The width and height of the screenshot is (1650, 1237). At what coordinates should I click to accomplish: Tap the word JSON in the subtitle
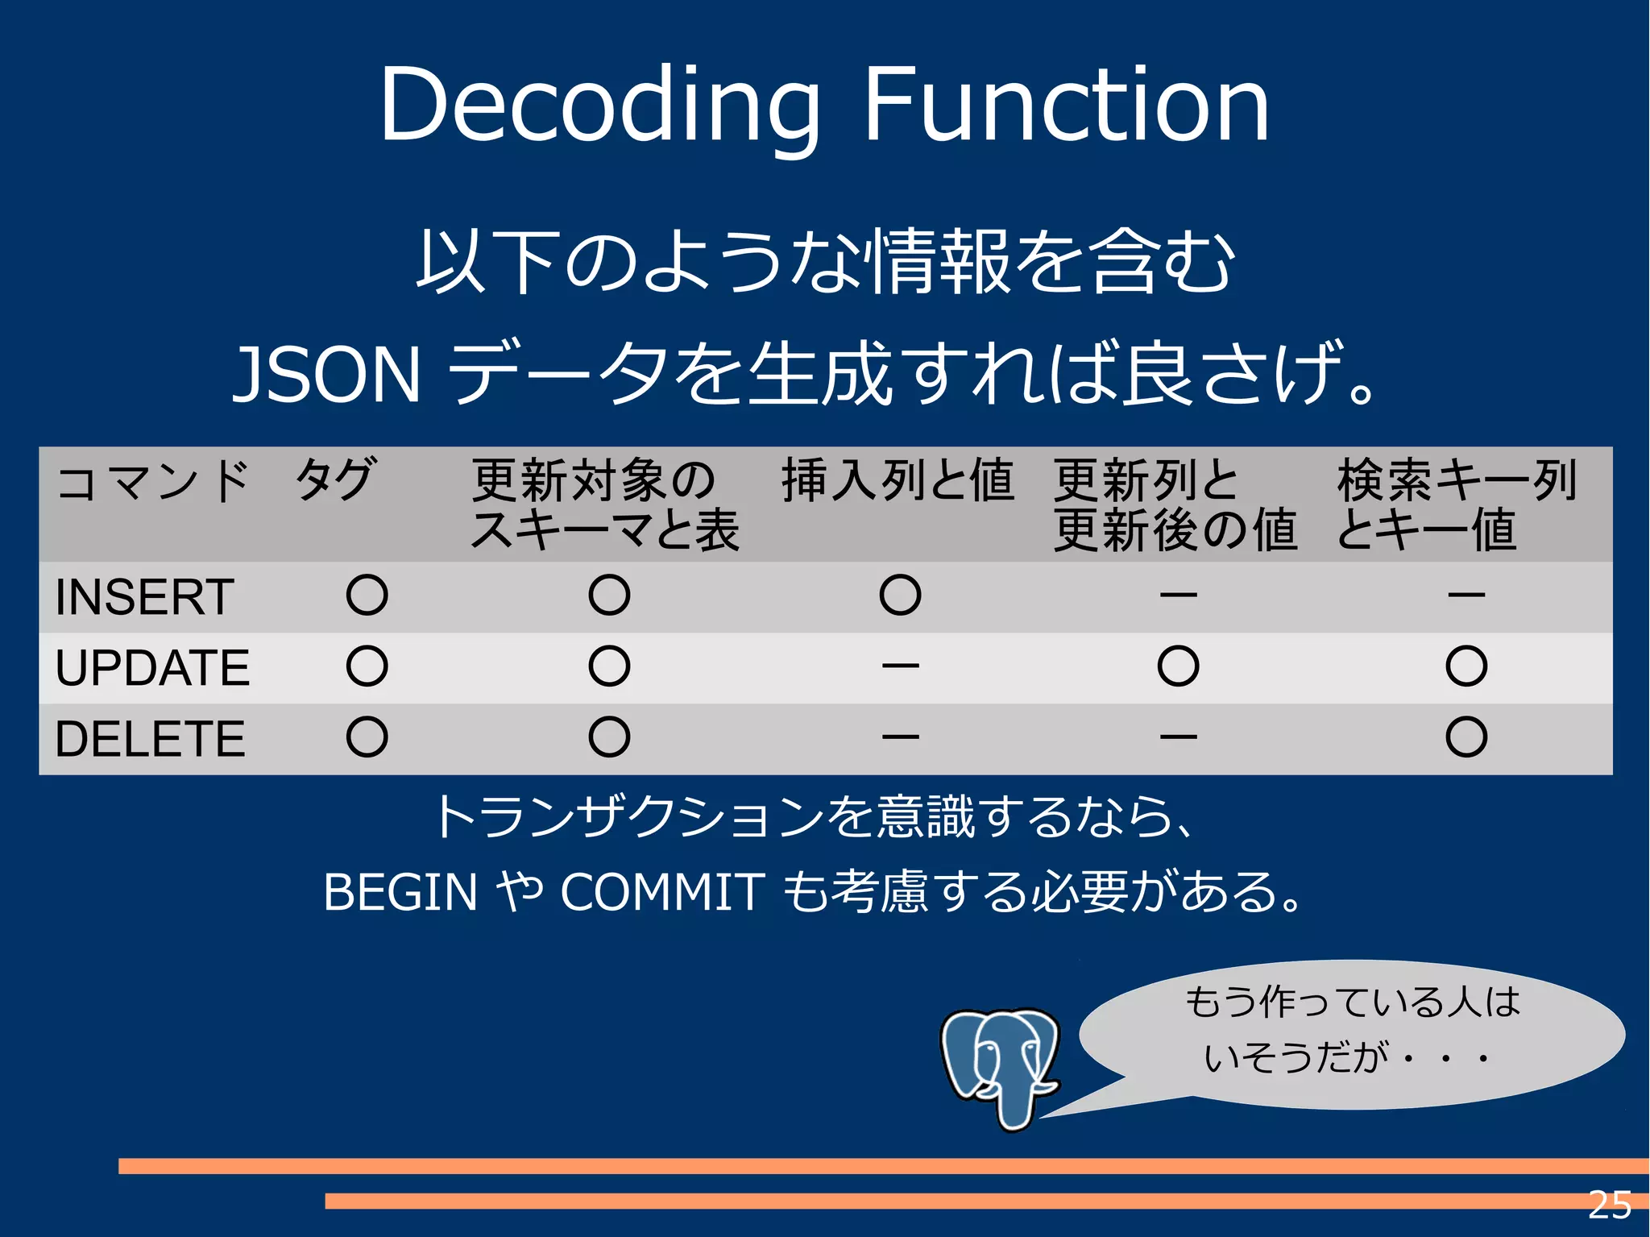326,374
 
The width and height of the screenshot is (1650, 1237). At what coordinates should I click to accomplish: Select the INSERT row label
144,597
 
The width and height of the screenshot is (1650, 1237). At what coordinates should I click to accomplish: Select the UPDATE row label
152,667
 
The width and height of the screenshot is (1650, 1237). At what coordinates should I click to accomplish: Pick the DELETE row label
150,738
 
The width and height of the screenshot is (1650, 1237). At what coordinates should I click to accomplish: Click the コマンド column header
152,481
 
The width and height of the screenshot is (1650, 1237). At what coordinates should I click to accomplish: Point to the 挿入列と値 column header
897,480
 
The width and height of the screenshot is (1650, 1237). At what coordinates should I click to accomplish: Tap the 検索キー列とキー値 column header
1455,504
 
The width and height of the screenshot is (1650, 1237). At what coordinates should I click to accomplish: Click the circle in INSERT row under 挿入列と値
900,596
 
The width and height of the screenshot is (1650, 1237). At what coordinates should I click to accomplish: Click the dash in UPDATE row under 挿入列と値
900,666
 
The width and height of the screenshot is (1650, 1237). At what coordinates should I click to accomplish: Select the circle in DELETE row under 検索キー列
1466,737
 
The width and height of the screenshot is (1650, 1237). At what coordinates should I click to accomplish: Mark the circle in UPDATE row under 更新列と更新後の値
1178,666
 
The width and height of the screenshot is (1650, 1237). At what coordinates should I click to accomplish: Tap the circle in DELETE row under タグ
367,737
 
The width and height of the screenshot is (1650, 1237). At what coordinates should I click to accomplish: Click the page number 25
1609,1206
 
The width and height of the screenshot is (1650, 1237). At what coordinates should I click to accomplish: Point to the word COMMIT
661,892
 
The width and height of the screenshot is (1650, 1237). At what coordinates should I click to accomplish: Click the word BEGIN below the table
400,892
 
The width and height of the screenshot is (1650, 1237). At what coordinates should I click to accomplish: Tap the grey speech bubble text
1351,1029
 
